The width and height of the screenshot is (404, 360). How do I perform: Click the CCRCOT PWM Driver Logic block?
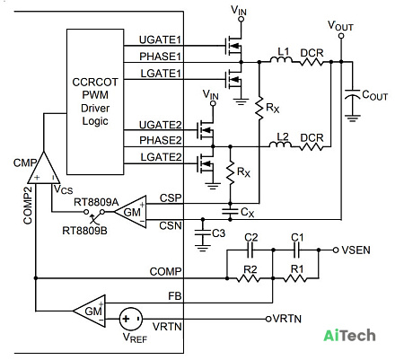click(95, 101)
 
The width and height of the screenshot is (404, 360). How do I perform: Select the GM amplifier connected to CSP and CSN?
click(130, 212)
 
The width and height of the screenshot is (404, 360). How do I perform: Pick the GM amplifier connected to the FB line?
click(89, 311)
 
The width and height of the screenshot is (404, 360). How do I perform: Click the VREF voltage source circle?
click(131, 319)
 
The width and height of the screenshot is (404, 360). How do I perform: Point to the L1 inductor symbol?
click(281, 60)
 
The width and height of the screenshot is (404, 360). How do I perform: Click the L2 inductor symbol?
click(280, 145)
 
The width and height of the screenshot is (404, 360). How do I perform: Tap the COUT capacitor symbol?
click(352, 93)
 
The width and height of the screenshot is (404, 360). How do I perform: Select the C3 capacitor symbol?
click(203, 233)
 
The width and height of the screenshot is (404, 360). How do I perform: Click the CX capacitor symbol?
click(230, 212)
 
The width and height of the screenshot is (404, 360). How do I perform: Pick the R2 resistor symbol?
click(248, 278)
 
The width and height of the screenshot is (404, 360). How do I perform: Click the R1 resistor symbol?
click(294, 278)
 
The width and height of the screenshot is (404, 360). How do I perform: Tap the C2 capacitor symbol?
click(250, 250)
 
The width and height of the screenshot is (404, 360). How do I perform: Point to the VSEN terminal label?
click(356, 250)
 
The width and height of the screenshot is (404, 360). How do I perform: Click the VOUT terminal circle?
click(341, 36)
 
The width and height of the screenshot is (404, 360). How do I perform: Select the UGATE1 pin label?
click(160, 40)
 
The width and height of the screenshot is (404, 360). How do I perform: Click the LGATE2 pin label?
click(161, 157)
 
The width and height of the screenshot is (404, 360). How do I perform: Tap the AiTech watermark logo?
click(349, 335)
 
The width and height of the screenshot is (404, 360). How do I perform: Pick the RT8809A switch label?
click(96, 202)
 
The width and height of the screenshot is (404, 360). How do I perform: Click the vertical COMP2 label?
click(28, 206)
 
